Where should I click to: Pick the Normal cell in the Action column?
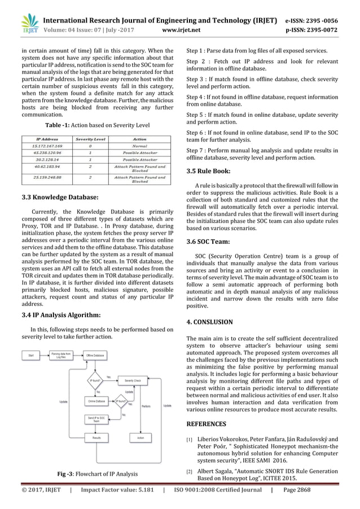(x=139, y=145)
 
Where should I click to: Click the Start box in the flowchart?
(x=31, y=355)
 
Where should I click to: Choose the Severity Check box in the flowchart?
(x=133, y=381)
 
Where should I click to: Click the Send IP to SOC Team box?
(x=95, y=418)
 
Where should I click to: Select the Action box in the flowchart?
(x=140, y=438)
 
